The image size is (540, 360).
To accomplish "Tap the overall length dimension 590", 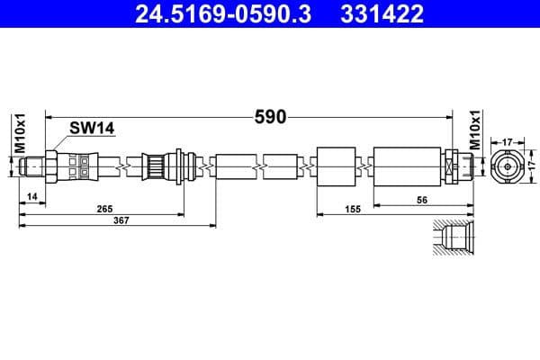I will pyautogui.click(x=269, y=116).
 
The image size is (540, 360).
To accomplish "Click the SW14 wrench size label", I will pyautogui.click(x=92, y=129).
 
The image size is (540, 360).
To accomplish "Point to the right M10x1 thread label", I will pyautogui.click(x=474, y=132).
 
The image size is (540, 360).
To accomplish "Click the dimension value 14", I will pyautogui.click(x=32, y=195).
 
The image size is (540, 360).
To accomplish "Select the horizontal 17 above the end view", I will pyautogui.click(x=507, y=140).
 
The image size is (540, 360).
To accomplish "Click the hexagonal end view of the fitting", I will pyautogui.click(x=507, y=166).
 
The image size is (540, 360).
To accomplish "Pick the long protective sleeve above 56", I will pyautogui.click(x=407, y=166).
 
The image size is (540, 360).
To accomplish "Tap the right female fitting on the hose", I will pyautogui.click(x=456, y=166).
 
